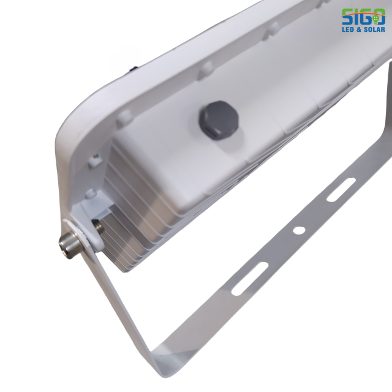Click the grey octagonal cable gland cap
coord(219,120)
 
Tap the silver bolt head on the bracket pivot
coord(69,245)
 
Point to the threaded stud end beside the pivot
coord(98,226)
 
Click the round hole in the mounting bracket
coord(299,230)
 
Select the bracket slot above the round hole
coord(341,189)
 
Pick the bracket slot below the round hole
coord(249,279)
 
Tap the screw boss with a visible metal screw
coord(96,159)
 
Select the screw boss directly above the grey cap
coord(206,70)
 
